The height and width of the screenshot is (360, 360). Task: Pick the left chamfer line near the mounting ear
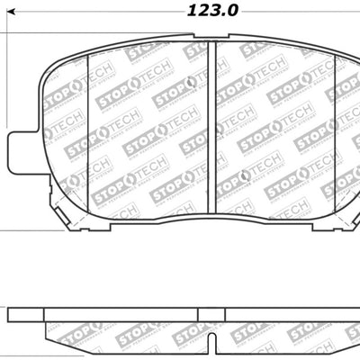86,126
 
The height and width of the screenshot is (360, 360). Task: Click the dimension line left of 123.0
90,12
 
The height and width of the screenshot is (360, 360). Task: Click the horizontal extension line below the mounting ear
18,230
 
